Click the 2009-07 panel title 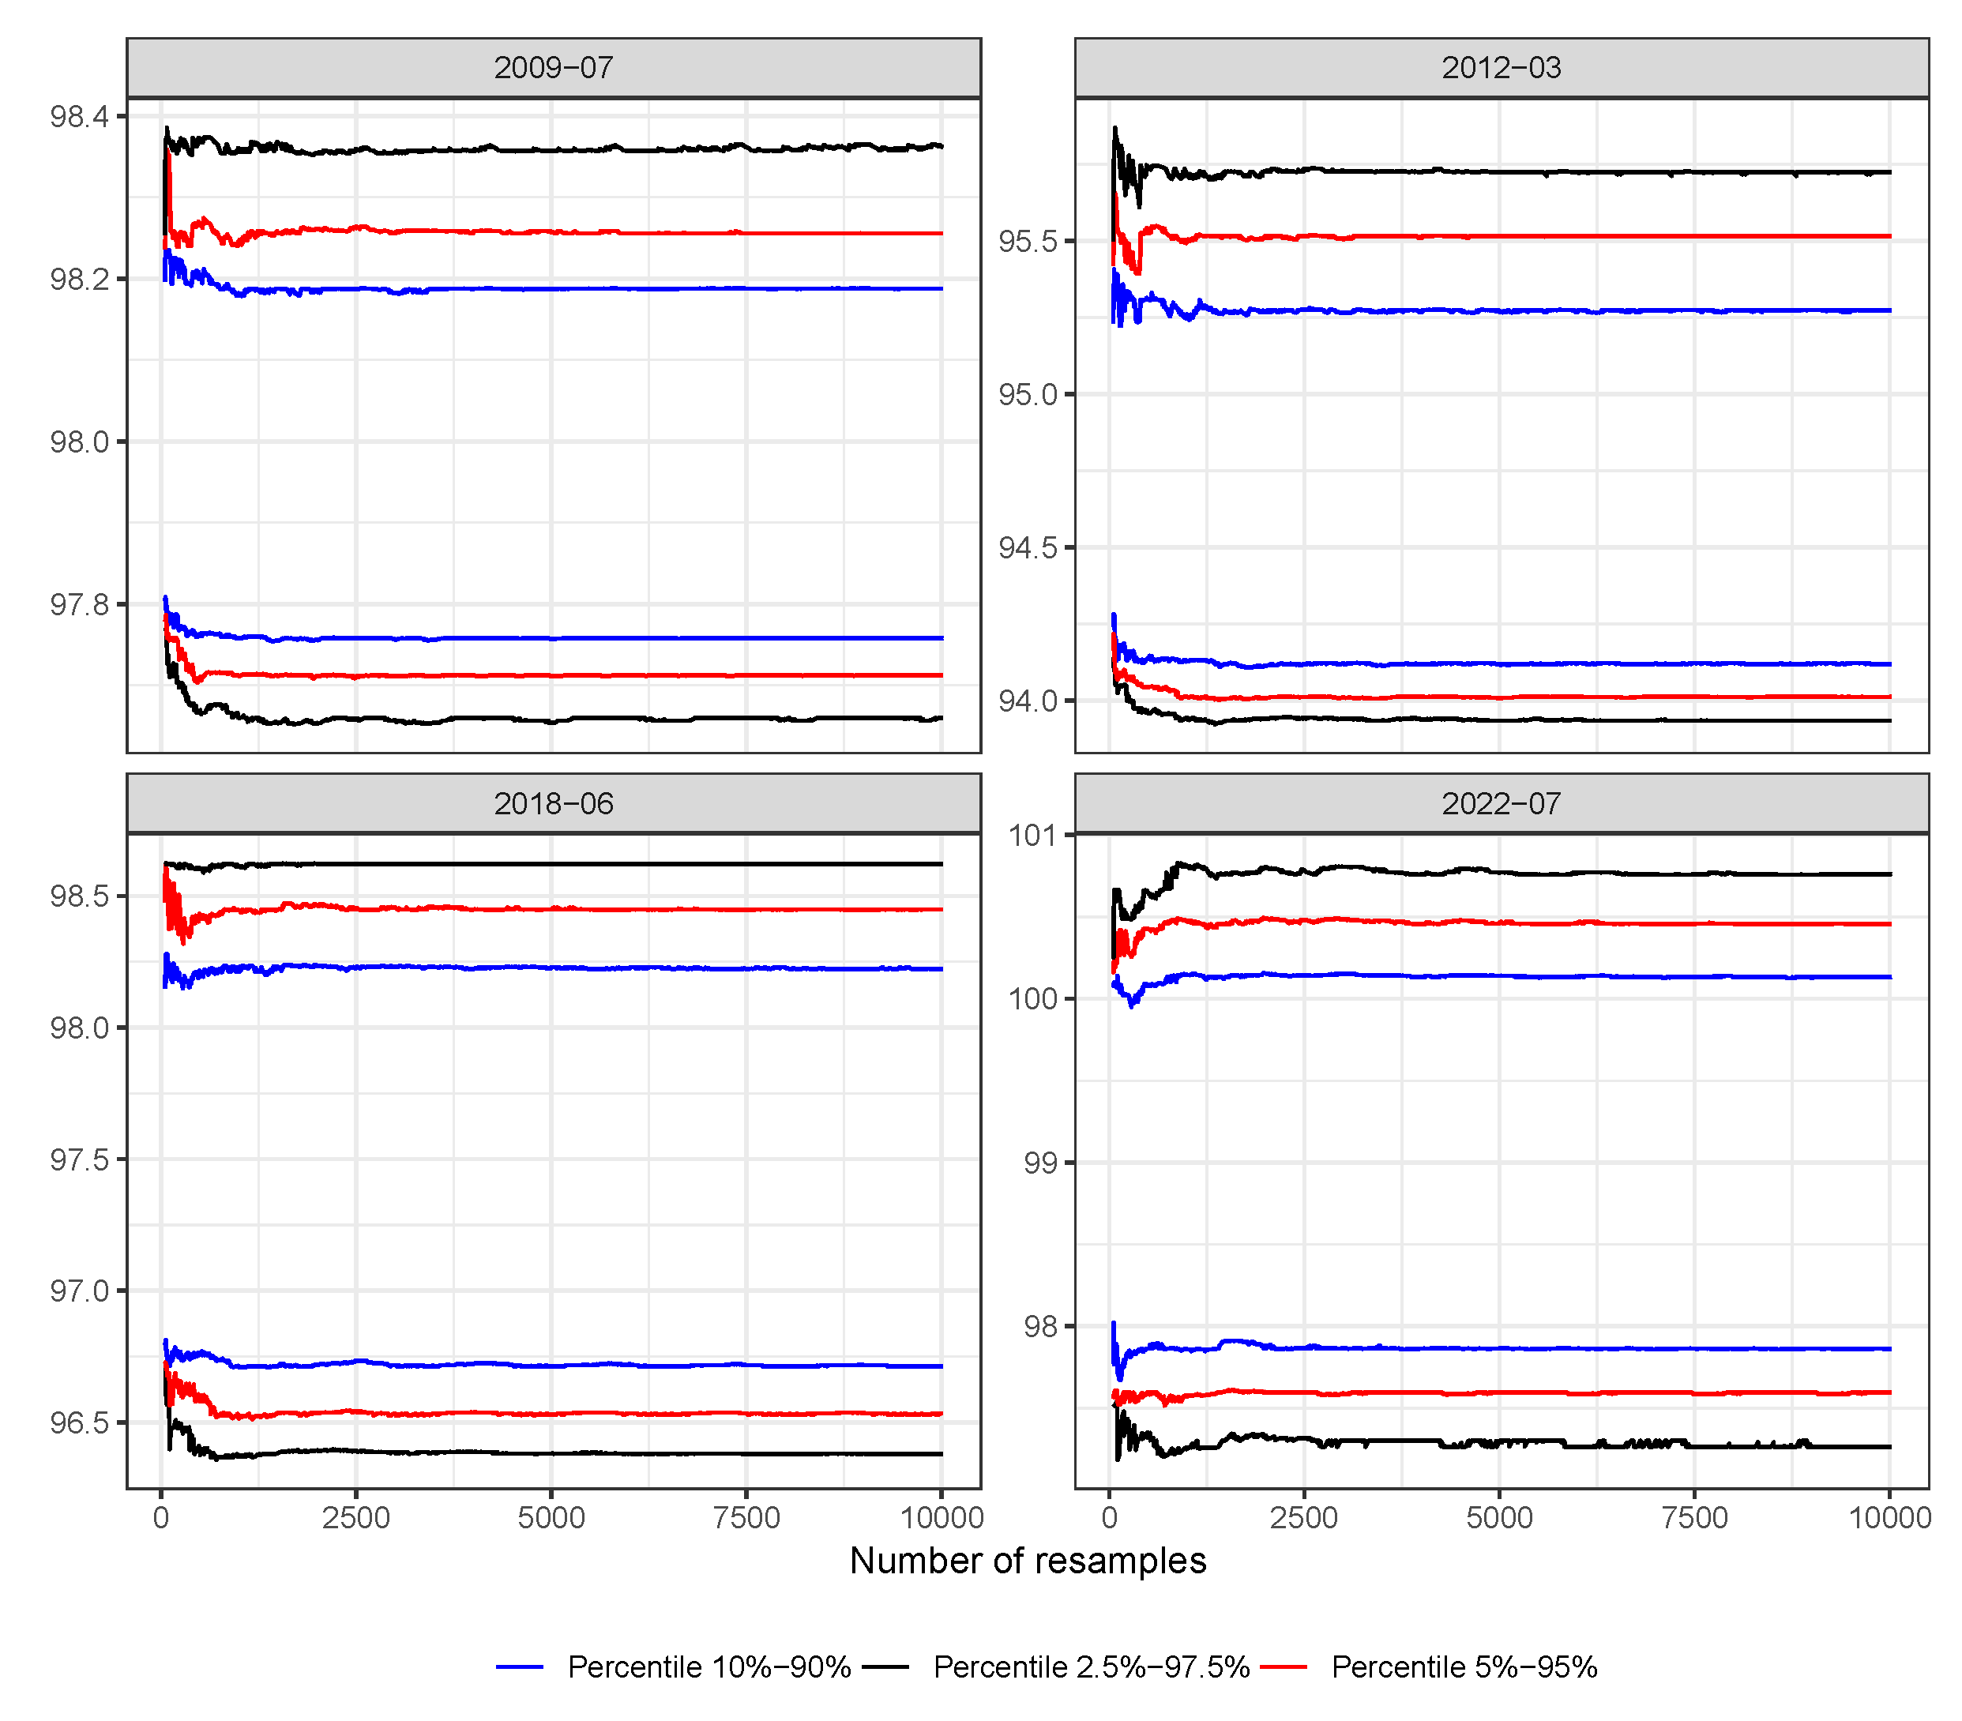(x=553, y=68)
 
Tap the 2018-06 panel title (x=553, y=803)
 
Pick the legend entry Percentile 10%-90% (x=708, y=1667)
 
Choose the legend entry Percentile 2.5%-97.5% (x=1091, y=1667)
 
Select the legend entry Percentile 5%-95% (x=1464, y=1667)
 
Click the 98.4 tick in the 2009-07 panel (x=80, y=117)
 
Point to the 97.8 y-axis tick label (x=80, y=605)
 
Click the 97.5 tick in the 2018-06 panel (x=80, y=1159)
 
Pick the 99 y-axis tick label (x=1039, y=1163)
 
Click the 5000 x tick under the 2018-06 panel (x=551, y=1517)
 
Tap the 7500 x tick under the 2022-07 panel (x=1694, y=1517)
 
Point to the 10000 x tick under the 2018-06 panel (x=942, y=1517)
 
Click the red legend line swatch (x=1284, y=1667)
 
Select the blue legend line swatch (x=519, y=1667)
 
